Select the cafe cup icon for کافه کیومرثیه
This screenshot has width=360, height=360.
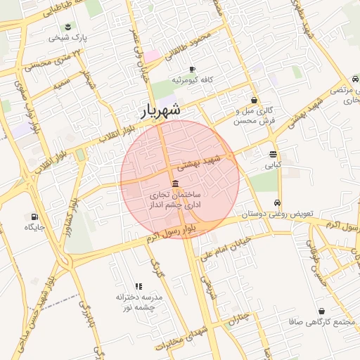[192, 68]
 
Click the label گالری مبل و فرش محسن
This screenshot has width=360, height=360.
[255, 116]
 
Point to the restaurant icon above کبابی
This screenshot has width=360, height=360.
[273, 154]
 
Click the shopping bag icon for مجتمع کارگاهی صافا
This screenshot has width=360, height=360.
[321, 311]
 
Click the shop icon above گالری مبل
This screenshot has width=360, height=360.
[253, 101]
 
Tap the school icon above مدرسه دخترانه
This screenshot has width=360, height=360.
[139, 286]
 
